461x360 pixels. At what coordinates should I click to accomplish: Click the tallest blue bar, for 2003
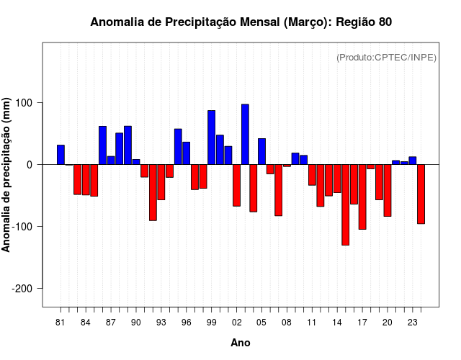pos(245,135)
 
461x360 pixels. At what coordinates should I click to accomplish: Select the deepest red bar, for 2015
pos(346,204)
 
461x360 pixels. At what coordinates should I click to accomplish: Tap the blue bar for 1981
pos(61,155)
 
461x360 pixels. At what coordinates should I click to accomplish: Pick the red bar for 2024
pos(421,194)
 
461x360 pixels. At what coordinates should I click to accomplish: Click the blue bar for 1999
pos(212,138)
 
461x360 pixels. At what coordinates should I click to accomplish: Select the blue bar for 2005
pos(261,151)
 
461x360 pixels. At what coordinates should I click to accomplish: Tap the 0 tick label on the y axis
pos(30,165)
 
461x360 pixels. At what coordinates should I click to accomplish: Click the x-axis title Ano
pos(241,343)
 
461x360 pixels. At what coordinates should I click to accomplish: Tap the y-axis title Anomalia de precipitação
pos(7,175)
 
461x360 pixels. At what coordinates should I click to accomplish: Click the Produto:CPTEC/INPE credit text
pos(386,58)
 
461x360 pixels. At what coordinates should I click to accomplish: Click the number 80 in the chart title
pos(385,22)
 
